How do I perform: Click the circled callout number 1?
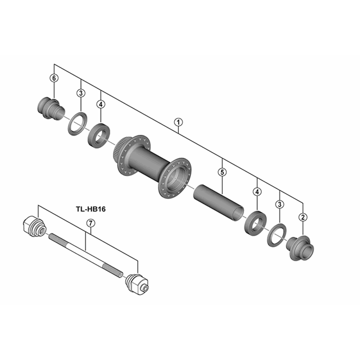tap(178, 122)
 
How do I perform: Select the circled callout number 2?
tap(303, 217)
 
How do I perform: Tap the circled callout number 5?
tap(222, 172)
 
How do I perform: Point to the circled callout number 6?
tap(54, 78)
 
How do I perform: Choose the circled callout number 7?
tap(91, 223)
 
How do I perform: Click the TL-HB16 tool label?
tap(91, 209)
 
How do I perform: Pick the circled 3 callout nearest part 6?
tap(81, 93)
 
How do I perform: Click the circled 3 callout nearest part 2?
tap(279, 204)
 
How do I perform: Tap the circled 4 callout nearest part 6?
tap(101, 105)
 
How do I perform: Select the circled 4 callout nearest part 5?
tap(257, 191)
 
